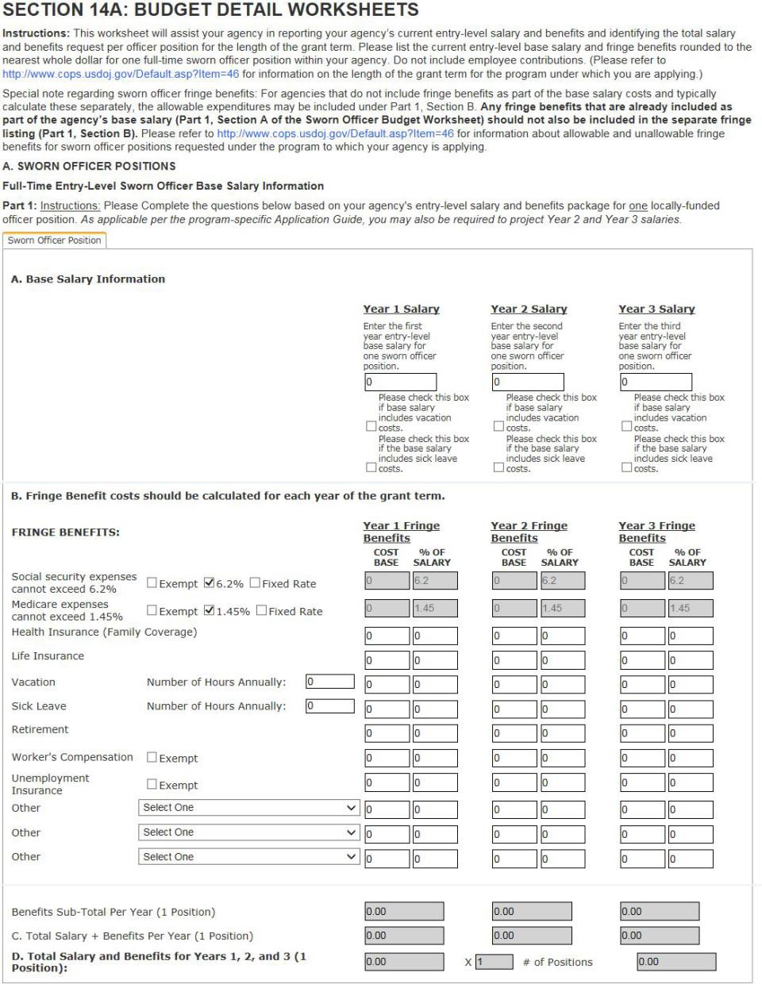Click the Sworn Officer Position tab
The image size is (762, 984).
[x=55, y=240]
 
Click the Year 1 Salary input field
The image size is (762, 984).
[x=399, y=382]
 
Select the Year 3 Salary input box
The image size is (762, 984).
[x=655, y=382]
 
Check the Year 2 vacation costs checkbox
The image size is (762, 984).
[x=498, y=427]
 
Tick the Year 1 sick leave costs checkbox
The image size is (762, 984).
[x=371, y=467]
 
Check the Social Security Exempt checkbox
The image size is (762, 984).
[x=152, y=583]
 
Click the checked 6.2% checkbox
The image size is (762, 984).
[x=209, y=583]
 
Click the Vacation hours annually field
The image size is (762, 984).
[x=329, y=682]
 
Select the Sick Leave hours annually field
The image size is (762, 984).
[x=329, y=705]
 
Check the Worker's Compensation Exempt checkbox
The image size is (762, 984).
[x=152, y=758]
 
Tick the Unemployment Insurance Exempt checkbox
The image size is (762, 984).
[x=152, y=785]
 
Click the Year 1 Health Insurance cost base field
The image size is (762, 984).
[x=387, y=636]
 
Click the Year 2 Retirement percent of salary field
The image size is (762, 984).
[x=562, y=733]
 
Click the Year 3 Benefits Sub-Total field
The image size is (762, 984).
[x=660, y=912]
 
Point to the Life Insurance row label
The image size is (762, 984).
[x=48, y=656]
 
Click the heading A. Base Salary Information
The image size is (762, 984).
[x=88, y=279]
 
